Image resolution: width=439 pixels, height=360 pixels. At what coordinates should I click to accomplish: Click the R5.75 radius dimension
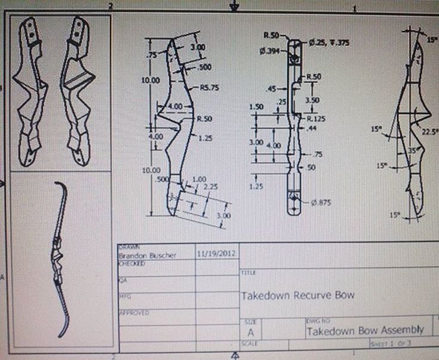pos(209,87)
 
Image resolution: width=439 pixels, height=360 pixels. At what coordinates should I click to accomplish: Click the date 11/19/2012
pos(216,253)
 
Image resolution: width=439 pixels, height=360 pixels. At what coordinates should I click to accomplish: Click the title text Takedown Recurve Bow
pos(297,295)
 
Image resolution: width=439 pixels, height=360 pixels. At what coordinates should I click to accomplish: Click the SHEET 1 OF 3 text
pos(388,344)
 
